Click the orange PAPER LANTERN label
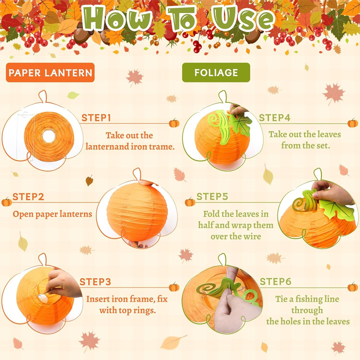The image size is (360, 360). (50, 72)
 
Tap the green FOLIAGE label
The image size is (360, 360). (216, 72)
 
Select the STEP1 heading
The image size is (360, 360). (96, 118)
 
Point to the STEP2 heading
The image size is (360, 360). (28, 197)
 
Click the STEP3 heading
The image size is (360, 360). (95, 282)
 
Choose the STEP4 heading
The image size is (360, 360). (274, 118)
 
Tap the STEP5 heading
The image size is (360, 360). (212, 197)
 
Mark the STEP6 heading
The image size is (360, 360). (275, 282)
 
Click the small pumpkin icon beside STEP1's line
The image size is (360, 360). (174, 123)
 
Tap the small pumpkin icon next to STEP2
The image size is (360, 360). (7, 202)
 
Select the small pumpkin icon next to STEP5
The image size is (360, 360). (190, 202)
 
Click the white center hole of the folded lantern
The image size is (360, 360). (49, 136)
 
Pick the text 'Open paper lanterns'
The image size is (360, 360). (52, 214)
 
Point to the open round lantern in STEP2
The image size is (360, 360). (137, 212)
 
